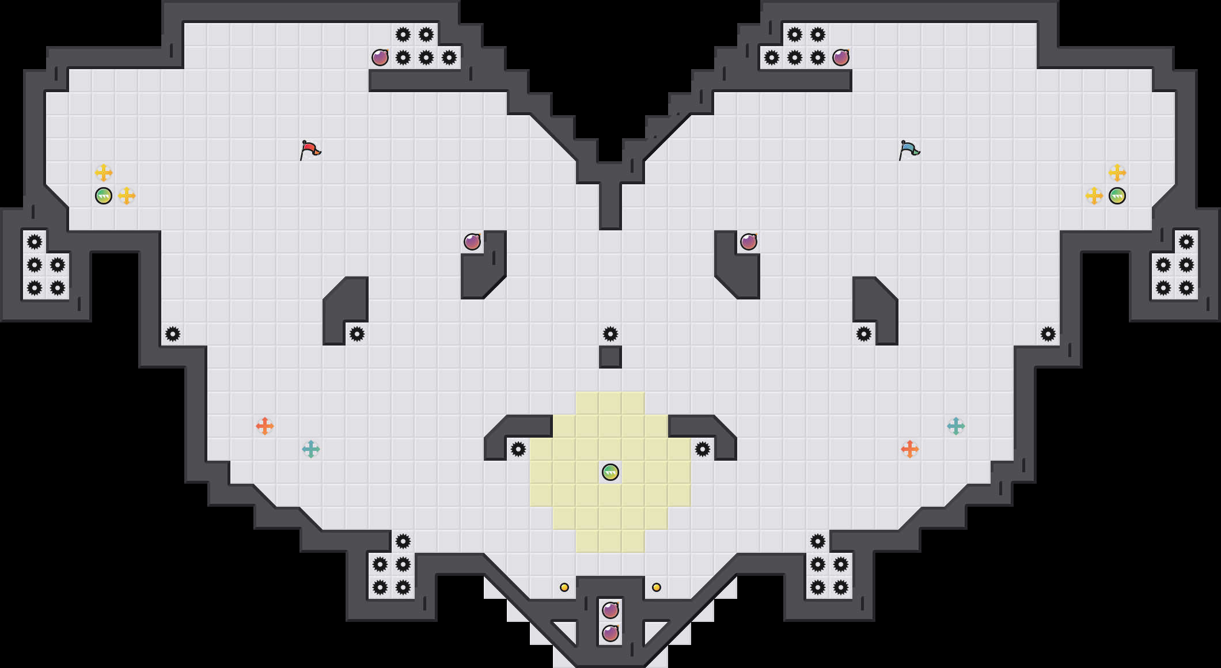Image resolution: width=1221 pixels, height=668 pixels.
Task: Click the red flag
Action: (310, 150)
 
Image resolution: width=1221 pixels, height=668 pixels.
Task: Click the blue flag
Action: (909, 150)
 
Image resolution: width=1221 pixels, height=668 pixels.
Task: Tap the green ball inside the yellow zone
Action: (610, 472)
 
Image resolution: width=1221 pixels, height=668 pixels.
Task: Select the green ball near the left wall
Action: (104, 196)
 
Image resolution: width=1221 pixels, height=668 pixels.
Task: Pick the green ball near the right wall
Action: (1117, 196)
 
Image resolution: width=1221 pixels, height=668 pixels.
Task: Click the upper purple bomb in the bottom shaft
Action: (610, 610)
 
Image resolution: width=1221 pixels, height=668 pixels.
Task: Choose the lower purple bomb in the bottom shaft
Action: (610, 633)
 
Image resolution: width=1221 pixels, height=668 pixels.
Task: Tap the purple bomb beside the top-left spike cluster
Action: (380, 58)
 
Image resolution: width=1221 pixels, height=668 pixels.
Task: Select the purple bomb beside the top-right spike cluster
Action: (841, 58)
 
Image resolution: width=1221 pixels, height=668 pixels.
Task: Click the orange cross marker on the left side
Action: (265, 426)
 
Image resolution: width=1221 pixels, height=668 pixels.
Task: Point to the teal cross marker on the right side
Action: (956, 426)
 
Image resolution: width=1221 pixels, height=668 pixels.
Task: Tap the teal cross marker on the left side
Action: (311, 449)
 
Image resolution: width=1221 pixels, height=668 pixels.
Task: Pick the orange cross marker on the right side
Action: (910, 449)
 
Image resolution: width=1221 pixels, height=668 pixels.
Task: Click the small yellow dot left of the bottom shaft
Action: (564, 587)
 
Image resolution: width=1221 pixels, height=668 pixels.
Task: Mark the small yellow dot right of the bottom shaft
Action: (657, 587)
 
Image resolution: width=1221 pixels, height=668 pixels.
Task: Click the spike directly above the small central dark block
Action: (610, 334)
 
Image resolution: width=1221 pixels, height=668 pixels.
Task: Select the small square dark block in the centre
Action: (610, 357)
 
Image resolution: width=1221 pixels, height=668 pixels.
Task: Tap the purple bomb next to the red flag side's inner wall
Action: (472, 242)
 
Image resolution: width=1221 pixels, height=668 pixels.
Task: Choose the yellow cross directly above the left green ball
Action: (104, 172)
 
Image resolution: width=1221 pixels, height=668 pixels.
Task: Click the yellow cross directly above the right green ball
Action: (1117, 172)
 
